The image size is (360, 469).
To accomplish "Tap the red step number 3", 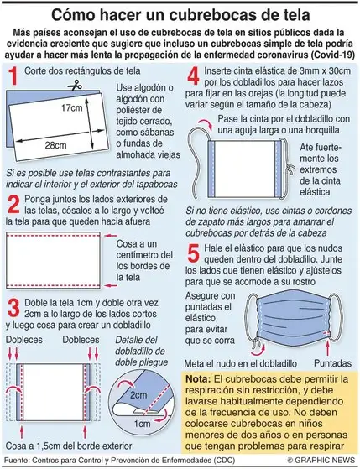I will [13, 306].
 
